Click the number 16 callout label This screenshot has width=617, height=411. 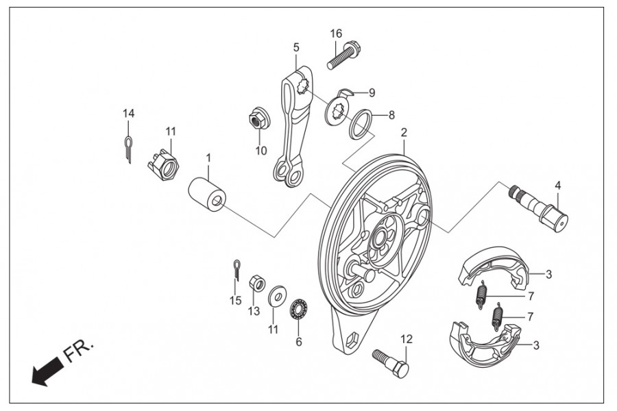coord(335,34)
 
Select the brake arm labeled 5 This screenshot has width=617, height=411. coord(293,130)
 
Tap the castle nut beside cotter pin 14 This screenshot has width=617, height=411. coord(164,164)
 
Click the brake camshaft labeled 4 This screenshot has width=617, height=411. coord(542,208)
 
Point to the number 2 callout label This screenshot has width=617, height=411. coord(404,132)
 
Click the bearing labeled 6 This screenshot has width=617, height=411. coord(299,308)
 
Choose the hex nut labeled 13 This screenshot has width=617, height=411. coord(254,282)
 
